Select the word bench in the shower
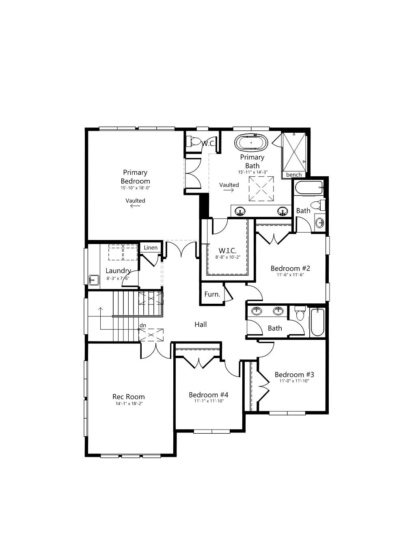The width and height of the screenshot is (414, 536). pos(294,175)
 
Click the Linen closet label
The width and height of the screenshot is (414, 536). pos(151,247)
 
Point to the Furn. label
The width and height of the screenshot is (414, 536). pos(212,294)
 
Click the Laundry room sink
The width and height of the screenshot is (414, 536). pos(94,280)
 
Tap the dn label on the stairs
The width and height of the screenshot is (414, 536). pos(143,325)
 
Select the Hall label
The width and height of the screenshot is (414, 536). pos(201,324)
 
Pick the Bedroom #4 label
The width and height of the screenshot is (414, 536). pos(208,395)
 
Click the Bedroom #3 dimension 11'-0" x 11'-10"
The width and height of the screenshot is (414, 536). pos(294,380)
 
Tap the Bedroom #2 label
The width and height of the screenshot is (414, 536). pos(290,268)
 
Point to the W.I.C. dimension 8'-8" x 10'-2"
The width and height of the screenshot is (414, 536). pos(228,257)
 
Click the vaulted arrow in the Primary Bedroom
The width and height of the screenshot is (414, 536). pos(136,206)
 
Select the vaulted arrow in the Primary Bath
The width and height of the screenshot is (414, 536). pos(229,190)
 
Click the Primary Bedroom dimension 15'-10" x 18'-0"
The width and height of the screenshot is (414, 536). pos(136,188)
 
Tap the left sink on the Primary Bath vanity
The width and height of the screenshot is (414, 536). pos(240,212)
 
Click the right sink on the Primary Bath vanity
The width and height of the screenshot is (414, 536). pos(282,212)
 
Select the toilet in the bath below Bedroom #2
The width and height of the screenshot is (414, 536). pos(300,313)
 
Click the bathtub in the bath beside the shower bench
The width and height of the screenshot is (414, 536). pos(309,188)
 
